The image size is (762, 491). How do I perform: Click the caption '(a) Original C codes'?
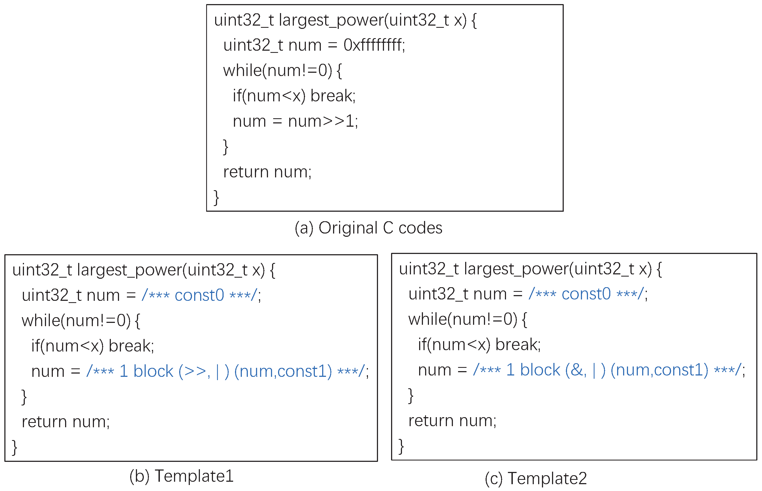coord(368,228)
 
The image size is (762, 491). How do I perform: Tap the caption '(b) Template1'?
coord(181,476)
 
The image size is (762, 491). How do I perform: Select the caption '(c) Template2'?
coord(535,478)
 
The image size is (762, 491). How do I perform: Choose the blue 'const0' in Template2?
coord(586,294)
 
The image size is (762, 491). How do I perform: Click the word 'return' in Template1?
coord(45,422)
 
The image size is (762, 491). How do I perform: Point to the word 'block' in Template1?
coord(153,371)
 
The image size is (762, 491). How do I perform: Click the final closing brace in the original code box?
coord(216,198)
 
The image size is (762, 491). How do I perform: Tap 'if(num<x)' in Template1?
coord(67,346)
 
